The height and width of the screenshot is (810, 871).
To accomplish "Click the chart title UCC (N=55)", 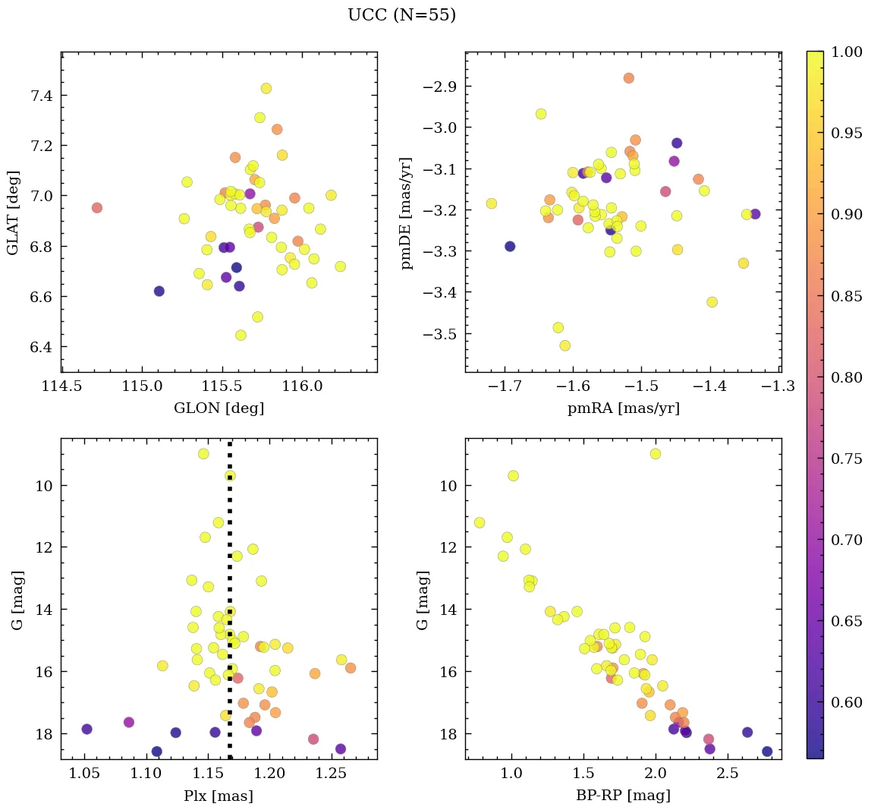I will [401, 15].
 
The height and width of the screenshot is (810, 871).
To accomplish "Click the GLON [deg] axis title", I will [219, 408].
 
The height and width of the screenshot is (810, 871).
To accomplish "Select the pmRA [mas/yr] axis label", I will [623, 408].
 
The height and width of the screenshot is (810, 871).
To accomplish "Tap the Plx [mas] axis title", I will [219, 796].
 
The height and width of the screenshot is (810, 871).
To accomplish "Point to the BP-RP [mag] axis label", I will [623, 796].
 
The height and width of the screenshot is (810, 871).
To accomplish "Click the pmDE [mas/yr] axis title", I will [407, 213].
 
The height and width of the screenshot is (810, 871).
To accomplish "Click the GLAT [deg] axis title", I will [13, 213].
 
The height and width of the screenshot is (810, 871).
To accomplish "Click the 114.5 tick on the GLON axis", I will [62, 387].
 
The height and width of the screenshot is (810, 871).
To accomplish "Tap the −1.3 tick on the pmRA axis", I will [778, 387].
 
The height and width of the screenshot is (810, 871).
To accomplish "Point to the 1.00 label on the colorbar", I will [847, 52].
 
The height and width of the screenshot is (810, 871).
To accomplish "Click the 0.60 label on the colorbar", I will [847, 701].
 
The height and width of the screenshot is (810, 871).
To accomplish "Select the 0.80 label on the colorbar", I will [847, 377].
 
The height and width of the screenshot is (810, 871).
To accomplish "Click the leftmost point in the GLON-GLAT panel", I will [96, 208].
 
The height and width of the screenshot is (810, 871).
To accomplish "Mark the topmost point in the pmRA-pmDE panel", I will [628, 78].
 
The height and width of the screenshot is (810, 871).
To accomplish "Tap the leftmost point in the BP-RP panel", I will [480, 522].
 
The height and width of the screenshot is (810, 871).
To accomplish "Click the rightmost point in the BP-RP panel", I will [767, 752].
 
